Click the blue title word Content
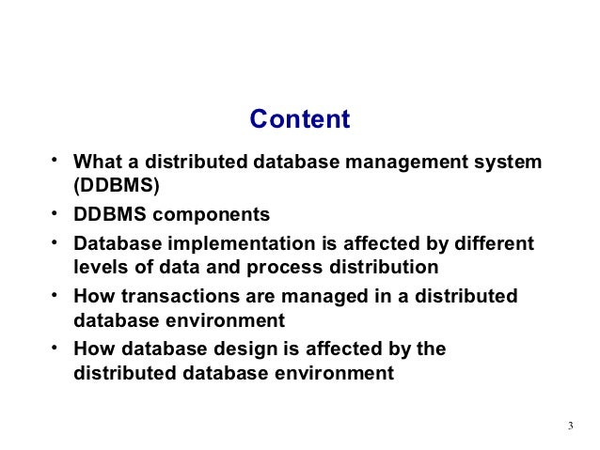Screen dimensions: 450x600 point(299,120)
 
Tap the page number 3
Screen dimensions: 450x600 point(571,428)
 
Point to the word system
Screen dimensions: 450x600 point(509,163)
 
